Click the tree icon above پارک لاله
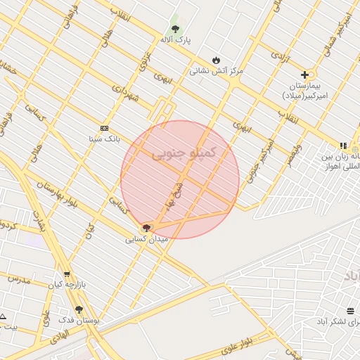pos(175,30)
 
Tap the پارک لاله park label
pos(176,41)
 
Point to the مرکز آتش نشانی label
pos(216,71)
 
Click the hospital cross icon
pos(304,75)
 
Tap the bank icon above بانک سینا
pos(105,128)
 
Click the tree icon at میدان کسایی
pos(146,227)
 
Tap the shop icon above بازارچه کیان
pos(67,275)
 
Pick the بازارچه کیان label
pos(66,285)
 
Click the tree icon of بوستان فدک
pos(79,309)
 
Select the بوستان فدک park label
pos(91,320)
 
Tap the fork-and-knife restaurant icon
pos(343,145)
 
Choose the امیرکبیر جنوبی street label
pos(265,151)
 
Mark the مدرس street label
pos(20,281)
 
